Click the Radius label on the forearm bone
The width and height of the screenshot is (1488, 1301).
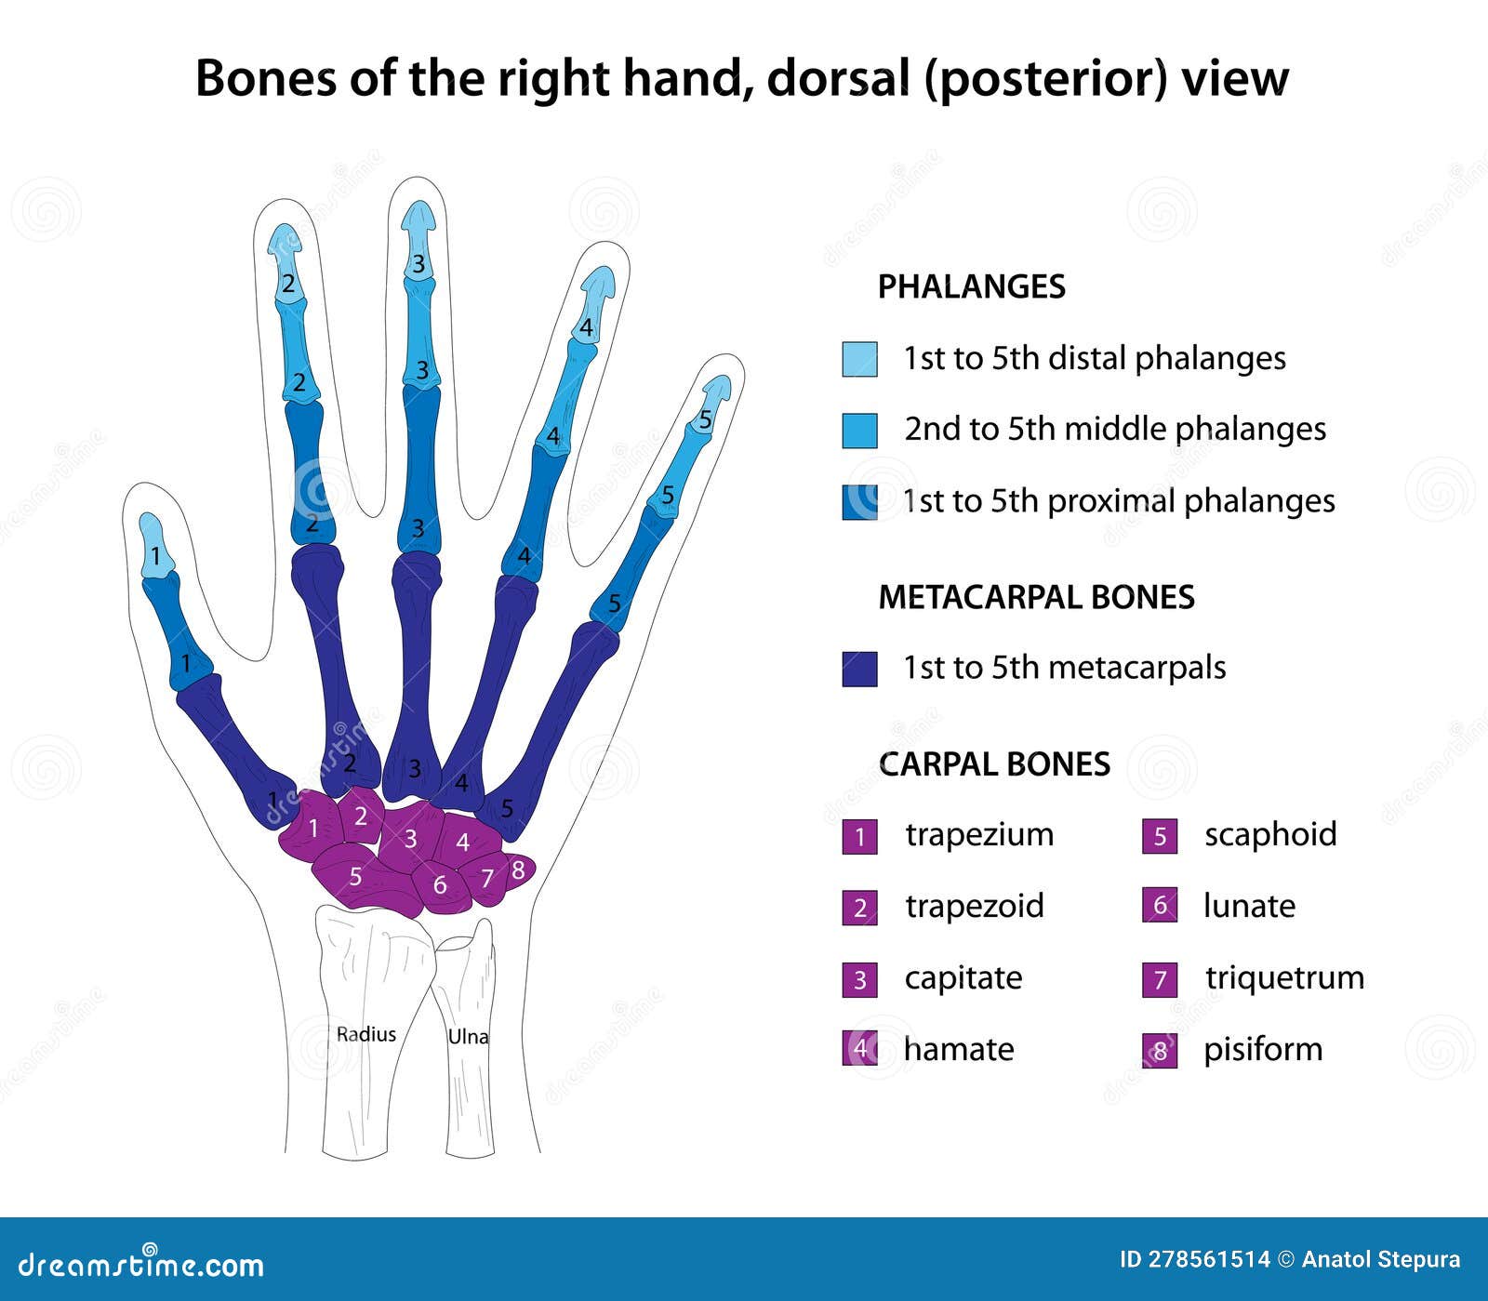[x=365, y=1034]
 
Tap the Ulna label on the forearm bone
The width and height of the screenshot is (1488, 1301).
[x=468, y=1036]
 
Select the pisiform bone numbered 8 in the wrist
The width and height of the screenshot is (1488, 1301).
[x=518, y=870]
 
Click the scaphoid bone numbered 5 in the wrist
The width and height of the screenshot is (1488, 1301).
[x=356, y=876]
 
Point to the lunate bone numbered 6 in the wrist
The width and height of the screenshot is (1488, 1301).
[x=440, y=884]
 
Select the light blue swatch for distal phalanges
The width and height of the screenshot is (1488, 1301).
[x=859, y=359]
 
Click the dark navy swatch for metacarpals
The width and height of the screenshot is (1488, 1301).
[x=859, y=669]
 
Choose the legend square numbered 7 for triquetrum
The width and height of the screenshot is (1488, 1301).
[x=1160, y=979]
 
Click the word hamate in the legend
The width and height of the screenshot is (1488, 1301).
[x=959, y=1049]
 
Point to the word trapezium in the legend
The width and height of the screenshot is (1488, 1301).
[x=979, y=834]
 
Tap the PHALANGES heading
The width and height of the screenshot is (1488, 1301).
[x=971, y=286]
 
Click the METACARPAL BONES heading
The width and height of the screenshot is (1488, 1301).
[x=1036, y=597]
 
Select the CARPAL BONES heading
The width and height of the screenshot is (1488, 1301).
[x=994, y=764]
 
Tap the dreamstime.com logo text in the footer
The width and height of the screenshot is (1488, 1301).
[x=141, y=1265]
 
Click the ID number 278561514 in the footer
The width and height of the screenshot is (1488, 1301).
[x=1208, y=1260]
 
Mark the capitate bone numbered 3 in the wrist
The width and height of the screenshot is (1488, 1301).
[x=410, y=839]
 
